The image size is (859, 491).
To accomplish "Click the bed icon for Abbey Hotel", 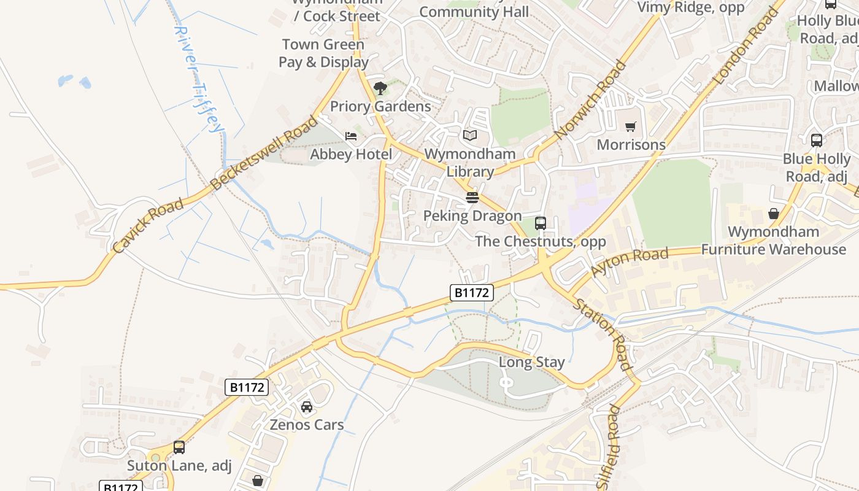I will point(351,136).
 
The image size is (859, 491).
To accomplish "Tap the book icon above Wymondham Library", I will point(470,135).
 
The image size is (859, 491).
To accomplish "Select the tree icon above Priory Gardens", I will point(380,88).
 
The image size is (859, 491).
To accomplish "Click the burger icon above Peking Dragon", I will point(472,198).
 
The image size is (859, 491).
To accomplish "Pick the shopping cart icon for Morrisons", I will point(630,127).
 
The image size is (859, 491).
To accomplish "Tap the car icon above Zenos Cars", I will point(307,406).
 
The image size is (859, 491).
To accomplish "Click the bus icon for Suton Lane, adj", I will point(179,447).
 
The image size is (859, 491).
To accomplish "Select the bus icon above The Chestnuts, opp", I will point(541,223).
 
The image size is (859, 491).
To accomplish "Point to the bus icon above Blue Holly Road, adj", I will point(817,141).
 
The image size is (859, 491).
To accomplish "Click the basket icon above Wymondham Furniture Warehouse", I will point(774,214).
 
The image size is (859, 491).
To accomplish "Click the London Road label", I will point(746,46).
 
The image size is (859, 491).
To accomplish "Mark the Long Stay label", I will point(531,362).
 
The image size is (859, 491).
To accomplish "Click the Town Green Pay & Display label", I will point(323,53).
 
